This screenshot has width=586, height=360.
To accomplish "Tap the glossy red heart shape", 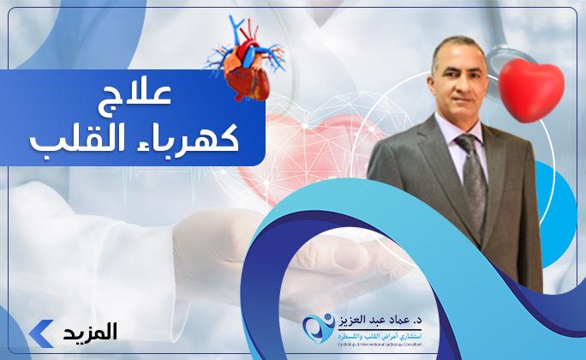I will click(531, 87).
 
